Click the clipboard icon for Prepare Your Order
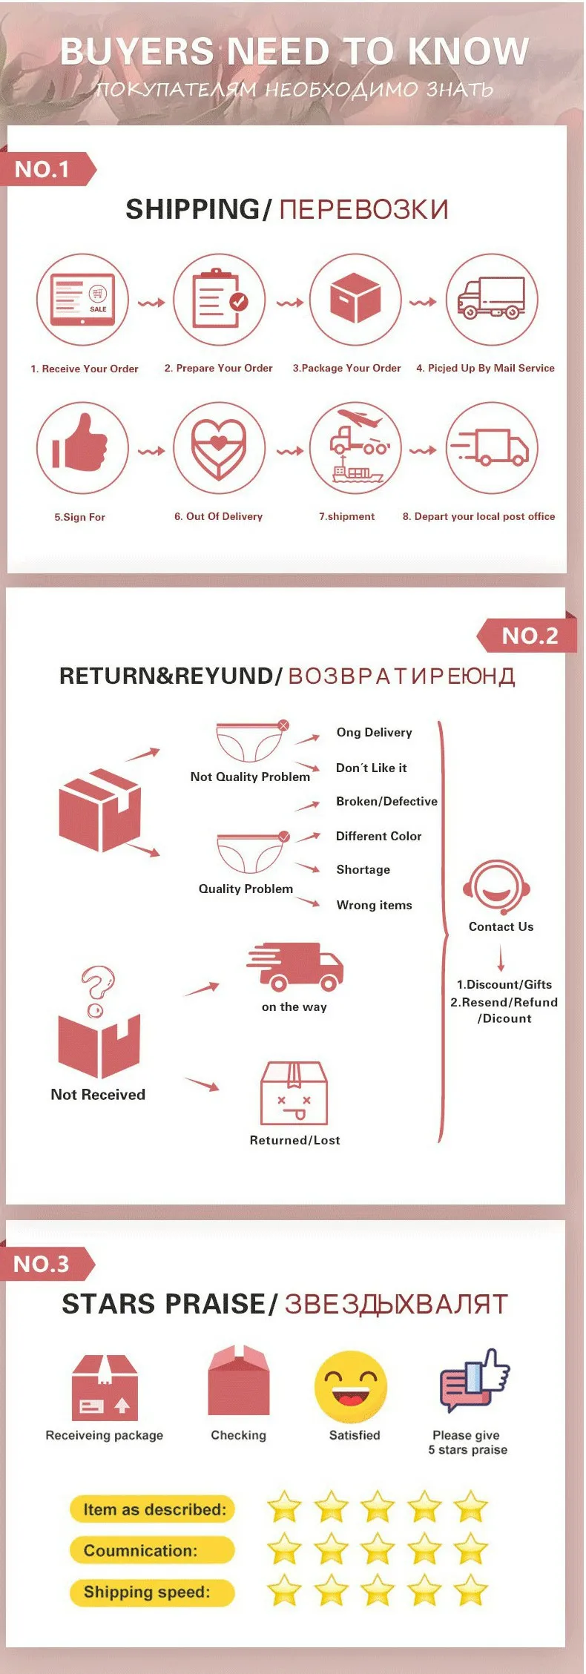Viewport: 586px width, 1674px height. (x=220, y=299)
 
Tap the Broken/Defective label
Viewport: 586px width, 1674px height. (x=386, y=801)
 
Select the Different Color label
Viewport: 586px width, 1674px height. (x=378, y=836)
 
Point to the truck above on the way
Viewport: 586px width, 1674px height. (x=295, y=966)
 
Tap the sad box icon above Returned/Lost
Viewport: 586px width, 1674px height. (x=294, y=1093)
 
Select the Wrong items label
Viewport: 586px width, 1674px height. (x=374, y=905)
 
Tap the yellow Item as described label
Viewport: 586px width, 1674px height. (x=153, y=1509)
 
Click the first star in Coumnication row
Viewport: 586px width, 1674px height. (x=284, y=1549)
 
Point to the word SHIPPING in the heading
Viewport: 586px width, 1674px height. (x=192, y=209)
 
